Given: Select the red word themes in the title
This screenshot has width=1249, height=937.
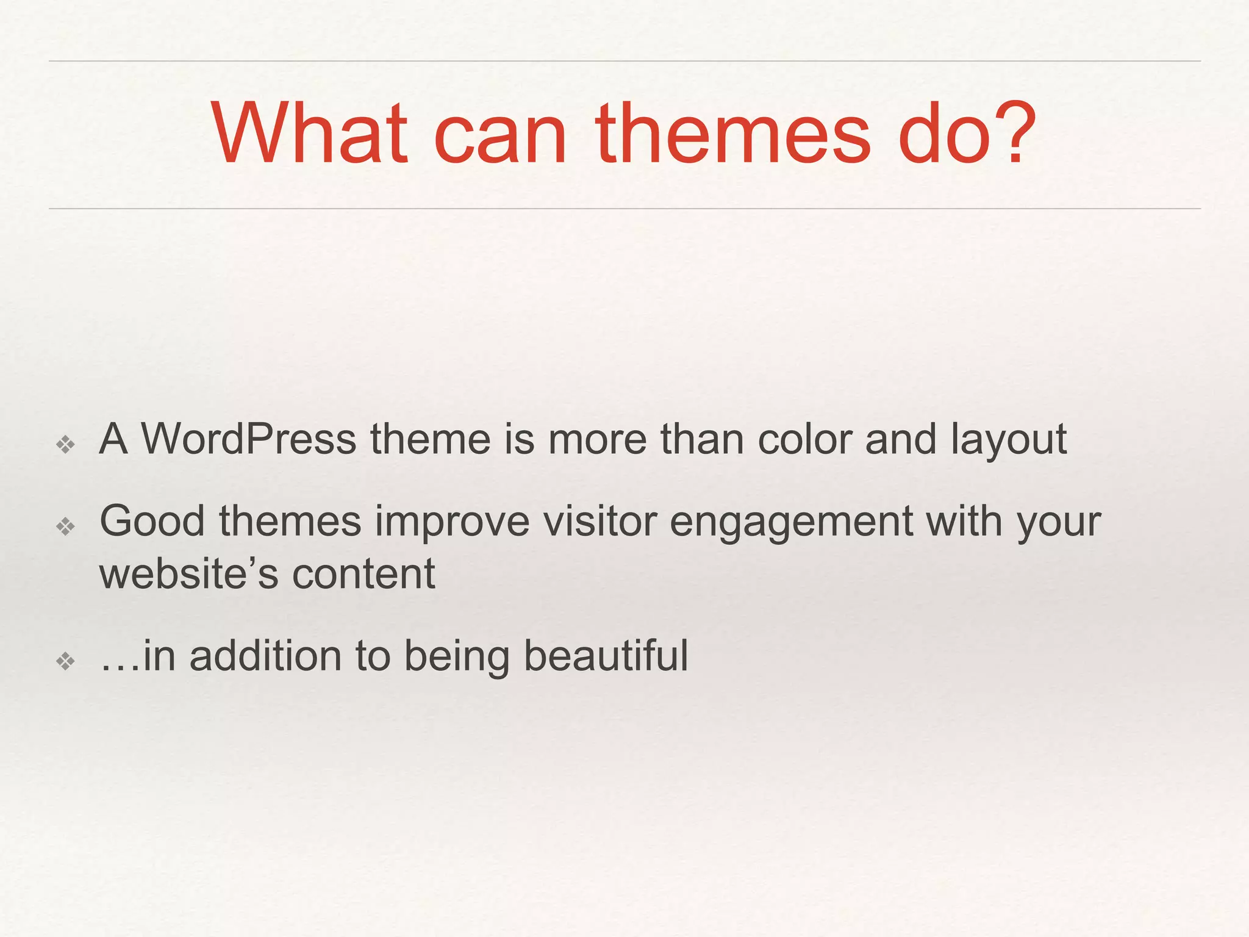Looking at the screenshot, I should click(732, 134).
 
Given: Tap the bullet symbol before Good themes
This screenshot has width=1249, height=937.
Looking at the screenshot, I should click(65, 526).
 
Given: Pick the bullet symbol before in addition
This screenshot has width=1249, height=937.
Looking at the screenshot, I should click(65, 661).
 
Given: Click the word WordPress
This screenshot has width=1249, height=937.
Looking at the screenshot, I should click(249, 439).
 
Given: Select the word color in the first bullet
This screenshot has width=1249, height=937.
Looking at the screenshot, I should click(804, 439).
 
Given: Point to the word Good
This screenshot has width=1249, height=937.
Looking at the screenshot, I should click(152, 521).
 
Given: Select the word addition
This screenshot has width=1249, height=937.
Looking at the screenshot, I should click(265, 656).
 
